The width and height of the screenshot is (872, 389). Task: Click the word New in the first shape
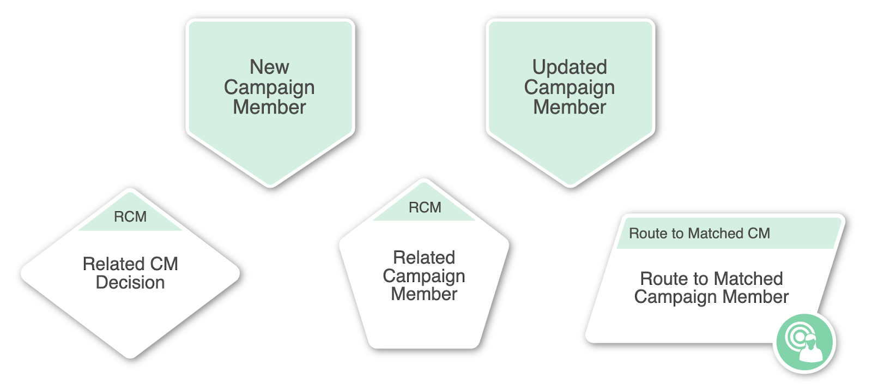coord(269,67)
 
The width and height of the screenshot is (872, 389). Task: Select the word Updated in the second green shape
coord(570,68)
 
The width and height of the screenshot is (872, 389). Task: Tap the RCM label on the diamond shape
coord(130,217)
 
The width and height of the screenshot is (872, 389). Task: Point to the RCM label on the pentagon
coord(425,207)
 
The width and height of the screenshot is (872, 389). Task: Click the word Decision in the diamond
coord(130,283)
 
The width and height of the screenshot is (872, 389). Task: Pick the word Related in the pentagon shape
coord(424,258)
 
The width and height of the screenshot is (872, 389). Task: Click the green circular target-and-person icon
coord(804,342)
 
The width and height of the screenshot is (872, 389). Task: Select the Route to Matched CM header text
coord(700,234)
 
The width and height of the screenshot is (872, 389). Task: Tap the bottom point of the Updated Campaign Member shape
coord(570,185)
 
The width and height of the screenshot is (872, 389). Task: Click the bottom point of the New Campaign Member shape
coord(270,185)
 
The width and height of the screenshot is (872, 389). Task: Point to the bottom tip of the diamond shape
coord(130,357)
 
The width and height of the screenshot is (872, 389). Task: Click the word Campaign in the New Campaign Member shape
coord(269,88)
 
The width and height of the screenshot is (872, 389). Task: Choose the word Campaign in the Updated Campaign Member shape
coord(570,88)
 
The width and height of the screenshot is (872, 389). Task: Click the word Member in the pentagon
coord(424,294)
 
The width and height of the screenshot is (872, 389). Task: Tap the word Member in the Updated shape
coord(570,107)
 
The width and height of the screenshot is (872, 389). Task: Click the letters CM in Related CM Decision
coord(164,264)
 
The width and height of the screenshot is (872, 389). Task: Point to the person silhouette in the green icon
coord(812,348)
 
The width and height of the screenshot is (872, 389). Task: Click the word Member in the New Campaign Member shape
coord(269,107)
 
